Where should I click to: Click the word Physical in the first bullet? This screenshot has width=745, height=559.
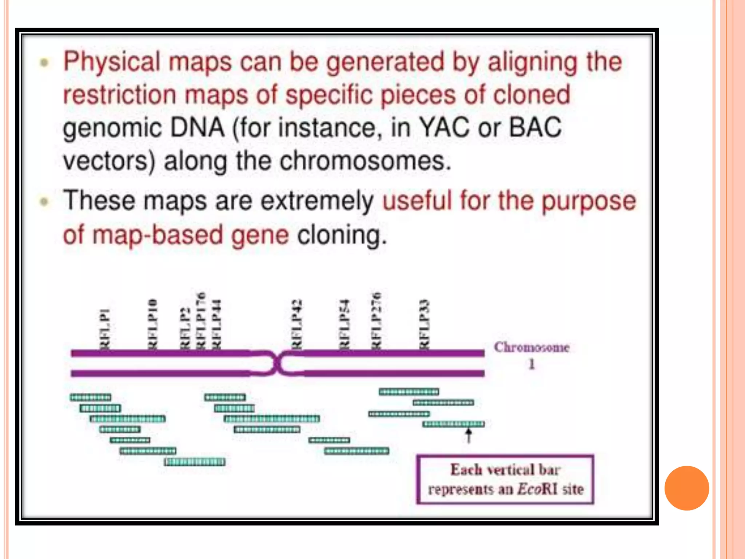[111, 62]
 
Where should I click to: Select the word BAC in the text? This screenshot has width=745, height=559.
[535, 128]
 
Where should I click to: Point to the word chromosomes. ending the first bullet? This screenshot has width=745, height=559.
[365, 161]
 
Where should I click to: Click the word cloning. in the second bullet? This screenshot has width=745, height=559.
[342, 235]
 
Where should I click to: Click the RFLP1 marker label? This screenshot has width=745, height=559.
[105, 329]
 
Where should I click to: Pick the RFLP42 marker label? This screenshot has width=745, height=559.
[297, 324]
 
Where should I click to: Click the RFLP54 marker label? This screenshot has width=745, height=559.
[344, 324]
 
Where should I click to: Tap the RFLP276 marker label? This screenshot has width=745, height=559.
[376, 320]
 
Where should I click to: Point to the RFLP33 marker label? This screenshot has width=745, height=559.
[424, 324]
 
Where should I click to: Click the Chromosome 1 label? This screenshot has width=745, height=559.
[531, 355]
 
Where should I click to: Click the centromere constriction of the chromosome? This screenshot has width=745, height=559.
[276, 363]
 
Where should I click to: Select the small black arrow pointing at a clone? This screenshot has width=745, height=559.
[469, 435]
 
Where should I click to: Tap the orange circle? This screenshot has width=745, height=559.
[686, 488]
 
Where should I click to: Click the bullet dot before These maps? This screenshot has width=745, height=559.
[44, 202]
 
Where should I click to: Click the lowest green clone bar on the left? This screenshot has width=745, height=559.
[195, 462]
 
